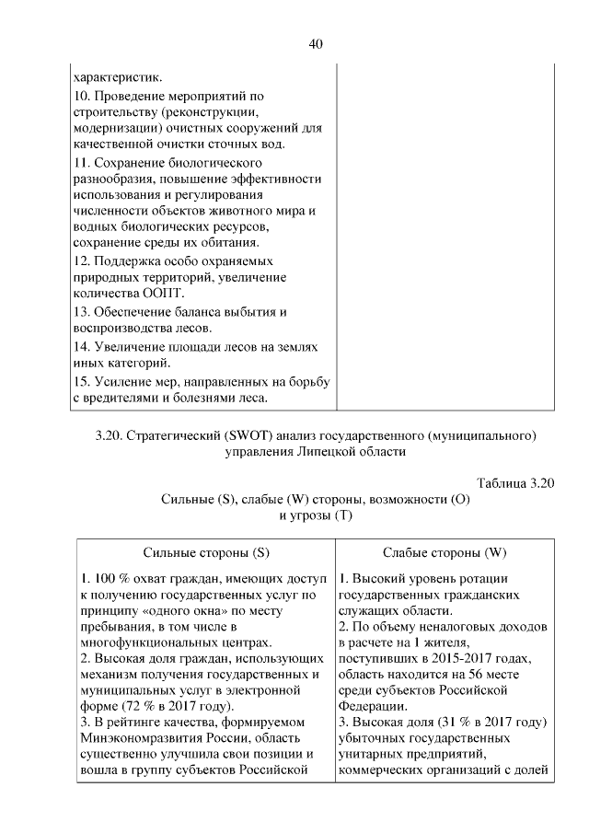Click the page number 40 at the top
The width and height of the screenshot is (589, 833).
[x=315, y=43]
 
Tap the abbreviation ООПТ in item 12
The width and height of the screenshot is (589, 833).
[x=163, y=294]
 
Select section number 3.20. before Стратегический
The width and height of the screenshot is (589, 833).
[x=109, y=434]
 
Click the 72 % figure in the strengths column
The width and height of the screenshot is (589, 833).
[x=149, y=705]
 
